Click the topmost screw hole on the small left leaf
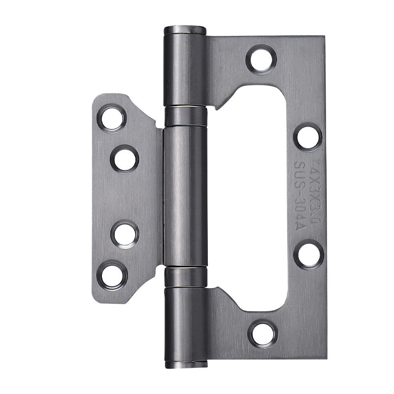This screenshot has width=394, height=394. click(x=112, y=118)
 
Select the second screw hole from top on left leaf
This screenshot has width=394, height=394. click(x=124, y=159)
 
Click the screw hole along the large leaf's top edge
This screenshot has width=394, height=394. click(x=261, y=60)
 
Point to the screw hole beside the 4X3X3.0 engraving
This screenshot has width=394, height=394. click(x=308, y=137)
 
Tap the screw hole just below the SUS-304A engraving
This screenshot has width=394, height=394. click(x=308, y=254)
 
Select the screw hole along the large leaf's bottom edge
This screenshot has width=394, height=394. click(x=263, y=333)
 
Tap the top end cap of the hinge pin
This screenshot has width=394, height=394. click(x=185, y=30)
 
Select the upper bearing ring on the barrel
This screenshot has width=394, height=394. click(x=185, y=116)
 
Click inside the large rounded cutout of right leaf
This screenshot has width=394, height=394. click(x=251, y=197)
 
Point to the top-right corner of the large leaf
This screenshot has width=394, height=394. click(x=324, y=37)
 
